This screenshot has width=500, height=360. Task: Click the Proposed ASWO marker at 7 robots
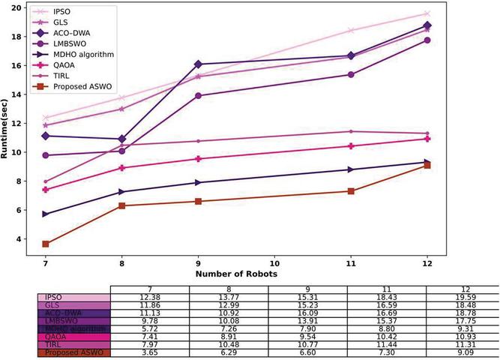pyautogui.click(x=46, y=244)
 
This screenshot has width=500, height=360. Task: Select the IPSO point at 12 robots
pyautogui.click(x=427, y=13)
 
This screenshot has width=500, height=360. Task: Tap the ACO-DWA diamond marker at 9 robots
pyautogui.click(x=198, y=64)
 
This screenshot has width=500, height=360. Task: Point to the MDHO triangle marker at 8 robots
pyautogui.click(x=121, y=192)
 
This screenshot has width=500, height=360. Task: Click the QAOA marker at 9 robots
pyautogui.click(x=198, y=159)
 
